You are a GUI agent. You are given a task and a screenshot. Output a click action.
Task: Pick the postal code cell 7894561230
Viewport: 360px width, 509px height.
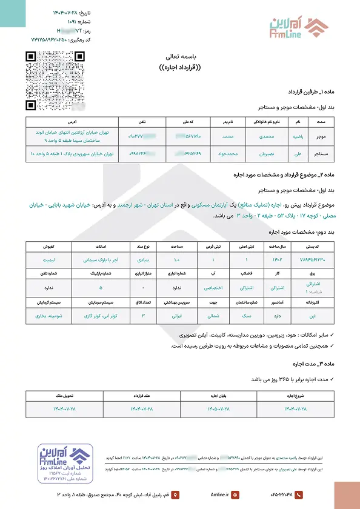point(318,260)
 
